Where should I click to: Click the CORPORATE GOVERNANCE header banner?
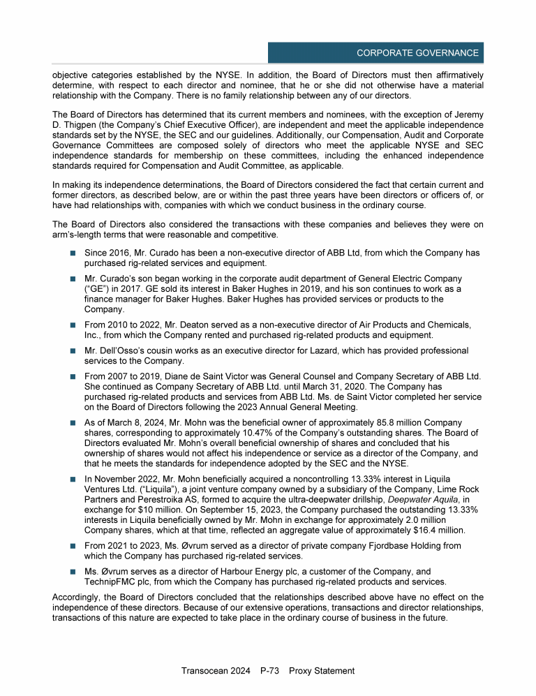click(x=375, y=53)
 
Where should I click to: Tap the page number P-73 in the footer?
click(x=269, y=671)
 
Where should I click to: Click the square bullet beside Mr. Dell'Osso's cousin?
click(x=73, y=350)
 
